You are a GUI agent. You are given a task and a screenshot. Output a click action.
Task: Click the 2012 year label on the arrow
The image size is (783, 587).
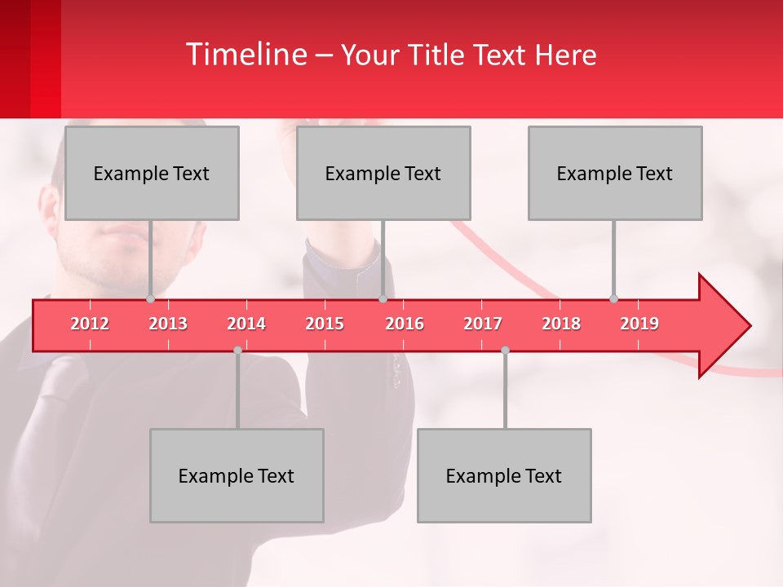90,324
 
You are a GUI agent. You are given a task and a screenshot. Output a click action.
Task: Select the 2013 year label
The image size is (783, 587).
168,324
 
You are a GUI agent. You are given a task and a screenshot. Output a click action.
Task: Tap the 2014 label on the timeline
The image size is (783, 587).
246,324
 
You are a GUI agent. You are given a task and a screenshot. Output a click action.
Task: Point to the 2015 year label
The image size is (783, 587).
325,324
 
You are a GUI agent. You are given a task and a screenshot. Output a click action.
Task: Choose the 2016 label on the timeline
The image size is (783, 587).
405,324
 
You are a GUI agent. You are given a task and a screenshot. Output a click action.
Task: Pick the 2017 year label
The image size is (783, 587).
483,324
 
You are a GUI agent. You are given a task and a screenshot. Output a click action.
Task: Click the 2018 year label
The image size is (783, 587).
561,324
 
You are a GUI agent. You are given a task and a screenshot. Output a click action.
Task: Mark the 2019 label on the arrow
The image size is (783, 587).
639,324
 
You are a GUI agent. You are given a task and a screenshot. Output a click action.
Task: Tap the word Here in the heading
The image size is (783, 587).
565,55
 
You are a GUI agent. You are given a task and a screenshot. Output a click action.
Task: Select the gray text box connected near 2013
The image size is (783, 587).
152,173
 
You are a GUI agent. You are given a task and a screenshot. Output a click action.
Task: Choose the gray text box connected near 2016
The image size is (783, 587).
383,173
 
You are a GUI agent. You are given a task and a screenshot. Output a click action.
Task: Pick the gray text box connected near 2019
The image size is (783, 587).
615,173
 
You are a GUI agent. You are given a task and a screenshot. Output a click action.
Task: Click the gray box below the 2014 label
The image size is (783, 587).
237,475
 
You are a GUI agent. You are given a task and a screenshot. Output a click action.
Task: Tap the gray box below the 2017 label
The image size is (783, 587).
504,475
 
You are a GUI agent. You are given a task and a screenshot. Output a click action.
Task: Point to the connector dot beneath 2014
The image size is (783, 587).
237,351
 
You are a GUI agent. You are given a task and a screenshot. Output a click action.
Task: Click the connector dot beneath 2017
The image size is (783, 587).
505,351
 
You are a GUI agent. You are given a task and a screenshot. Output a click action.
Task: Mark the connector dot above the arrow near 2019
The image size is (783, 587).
613,298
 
